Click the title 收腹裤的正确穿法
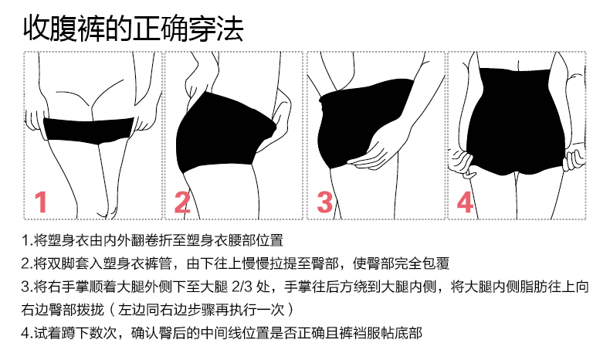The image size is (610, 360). pyautogui.click(x=133, y=28)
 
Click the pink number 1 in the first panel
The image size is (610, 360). pyautogui.click(x=41, y=202)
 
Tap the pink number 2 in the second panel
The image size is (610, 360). pyautogui.click(x=182, y=202)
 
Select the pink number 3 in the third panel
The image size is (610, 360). pyautogui.click(x=325, y=202)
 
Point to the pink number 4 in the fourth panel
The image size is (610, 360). pyautogui.click(x=465, y=202)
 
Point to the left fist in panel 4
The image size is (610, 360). pyautogui.click(x=460, y=163)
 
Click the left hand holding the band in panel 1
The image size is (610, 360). pyautogui.click(x=35, y=120)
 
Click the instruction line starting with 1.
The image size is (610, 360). pyautogui.click(x=152, y=240)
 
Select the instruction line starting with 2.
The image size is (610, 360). pyautogui.click(x=236, y=263)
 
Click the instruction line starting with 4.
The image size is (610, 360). pyautogui.click(x=222, y=333)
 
